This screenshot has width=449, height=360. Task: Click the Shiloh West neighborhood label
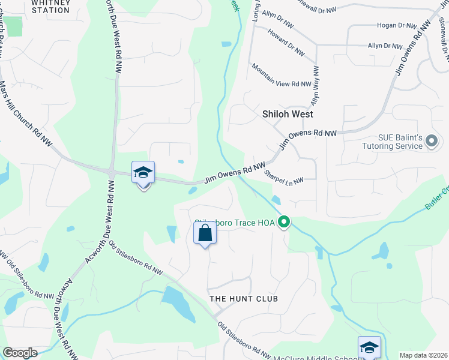click(288, 113)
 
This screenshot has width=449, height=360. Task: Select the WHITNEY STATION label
click(50, 6)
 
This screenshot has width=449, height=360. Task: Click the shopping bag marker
click(205, 233)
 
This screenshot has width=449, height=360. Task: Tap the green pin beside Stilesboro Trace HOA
click(285, 223)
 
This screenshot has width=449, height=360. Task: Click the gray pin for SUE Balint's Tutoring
click(431, 142)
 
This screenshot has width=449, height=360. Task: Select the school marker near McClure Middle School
click(369, 348)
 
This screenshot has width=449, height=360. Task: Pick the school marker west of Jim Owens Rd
click(143, 173)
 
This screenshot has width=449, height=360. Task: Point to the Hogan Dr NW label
click(396, 26)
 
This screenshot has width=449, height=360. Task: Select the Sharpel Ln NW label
click(284, 176)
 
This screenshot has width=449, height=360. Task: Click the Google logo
click(20, 353)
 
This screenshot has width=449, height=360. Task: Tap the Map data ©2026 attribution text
click(423, 355)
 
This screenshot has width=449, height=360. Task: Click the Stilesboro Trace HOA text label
click(235, 223)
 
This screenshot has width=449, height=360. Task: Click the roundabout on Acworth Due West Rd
click(112, 172)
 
